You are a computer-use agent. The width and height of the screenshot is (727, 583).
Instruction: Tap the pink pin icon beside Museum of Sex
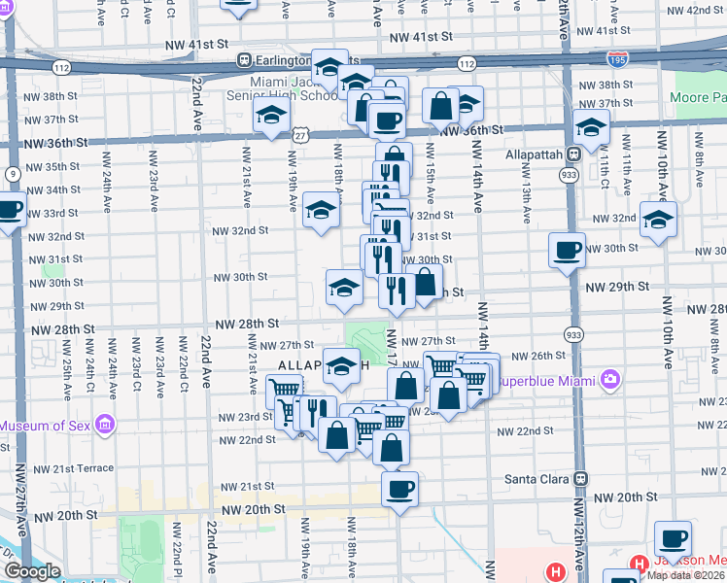pyautogui.click(x=106, y=426)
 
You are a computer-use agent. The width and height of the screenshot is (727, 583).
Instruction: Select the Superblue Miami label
pyautogui.click(x=546, y=380)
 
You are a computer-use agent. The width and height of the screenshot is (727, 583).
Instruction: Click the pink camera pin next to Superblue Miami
pyautogui.click(x=609, y=378)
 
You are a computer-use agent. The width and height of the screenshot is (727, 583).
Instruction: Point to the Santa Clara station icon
pyautogui.click(x=581, y=479)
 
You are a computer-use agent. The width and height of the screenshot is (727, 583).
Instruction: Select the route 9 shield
pyautogui.click(x=13, y=174)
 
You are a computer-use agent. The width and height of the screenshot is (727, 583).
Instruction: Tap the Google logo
pyautogui.click(x=32, y=571)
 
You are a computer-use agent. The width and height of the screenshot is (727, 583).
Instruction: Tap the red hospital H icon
pyautogui.click(x=556, y=572)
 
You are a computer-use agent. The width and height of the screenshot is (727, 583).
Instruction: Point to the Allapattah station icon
pyautogui.click(x=574, y=153)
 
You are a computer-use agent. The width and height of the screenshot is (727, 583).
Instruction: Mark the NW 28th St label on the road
pyautogui.click(x=247, y=323)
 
